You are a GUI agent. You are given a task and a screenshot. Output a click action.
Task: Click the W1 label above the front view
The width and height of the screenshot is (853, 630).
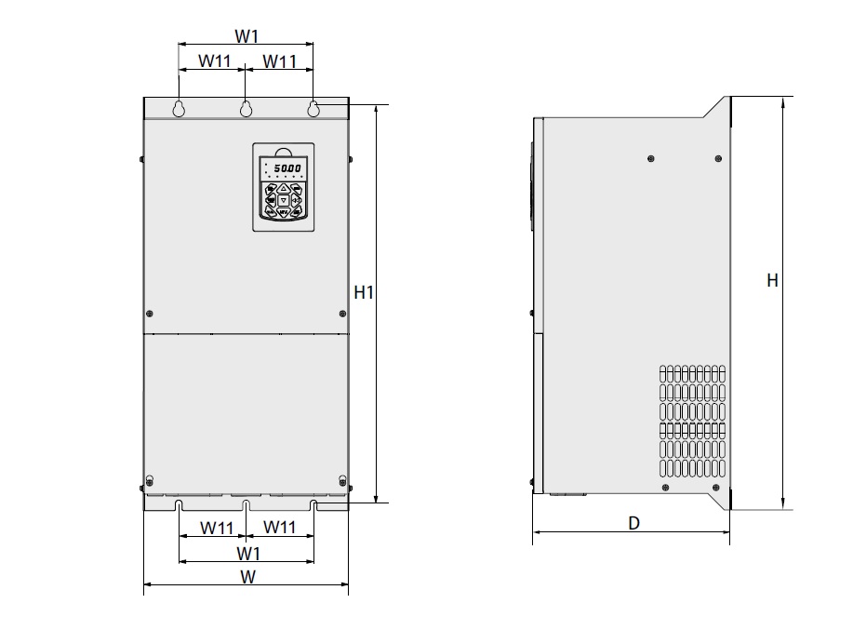tap(246, 36)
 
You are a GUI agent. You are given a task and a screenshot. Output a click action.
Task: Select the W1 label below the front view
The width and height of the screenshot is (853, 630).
tap(247, 554)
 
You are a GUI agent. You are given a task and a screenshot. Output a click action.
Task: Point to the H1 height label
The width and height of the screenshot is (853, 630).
tap(365, 292)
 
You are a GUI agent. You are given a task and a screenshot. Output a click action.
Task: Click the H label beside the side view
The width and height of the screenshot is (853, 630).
tap(771, 280)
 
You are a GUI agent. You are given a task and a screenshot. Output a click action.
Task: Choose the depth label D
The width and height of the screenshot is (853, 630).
tap(633, 524)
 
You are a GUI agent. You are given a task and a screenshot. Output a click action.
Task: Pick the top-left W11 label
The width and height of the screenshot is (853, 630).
tap(212, 61)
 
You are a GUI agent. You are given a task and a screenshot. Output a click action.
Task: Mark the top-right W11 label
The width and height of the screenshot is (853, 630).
tap(279, 61)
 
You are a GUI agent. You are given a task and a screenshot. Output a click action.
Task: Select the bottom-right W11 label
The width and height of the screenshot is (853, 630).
tap(279, 528)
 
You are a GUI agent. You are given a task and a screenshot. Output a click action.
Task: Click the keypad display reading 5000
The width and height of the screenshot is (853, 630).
tap(286, 168)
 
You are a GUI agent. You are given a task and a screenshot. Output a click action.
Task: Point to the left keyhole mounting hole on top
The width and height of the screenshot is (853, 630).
tap(178, 109)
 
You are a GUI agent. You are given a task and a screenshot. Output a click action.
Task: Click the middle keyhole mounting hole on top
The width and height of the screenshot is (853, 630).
tap(246, 109)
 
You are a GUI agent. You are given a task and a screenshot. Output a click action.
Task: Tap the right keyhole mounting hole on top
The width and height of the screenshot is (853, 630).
tap(313, 109)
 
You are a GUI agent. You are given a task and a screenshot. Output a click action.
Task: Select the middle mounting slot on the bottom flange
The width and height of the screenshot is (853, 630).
tap(246, 505)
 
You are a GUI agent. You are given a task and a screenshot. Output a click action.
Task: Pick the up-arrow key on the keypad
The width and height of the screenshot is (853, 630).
tap(284, 187)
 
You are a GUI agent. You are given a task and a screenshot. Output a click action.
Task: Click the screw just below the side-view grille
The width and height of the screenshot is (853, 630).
tap(664, 486)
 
